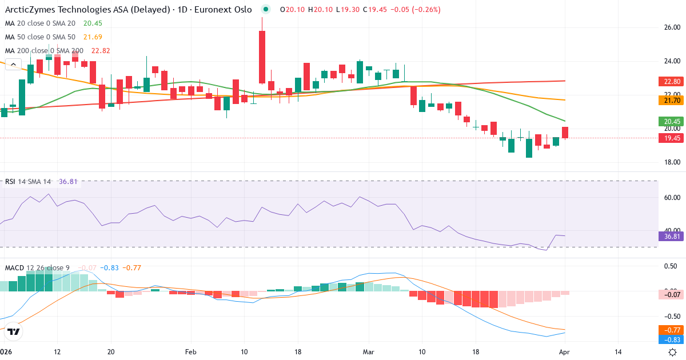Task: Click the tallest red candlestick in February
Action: coord(262,57)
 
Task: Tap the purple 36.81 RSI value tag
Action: coord(671,236)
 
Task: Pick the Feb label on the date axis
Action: coord(190,352)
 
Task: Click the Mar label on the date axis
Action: coord(368,352)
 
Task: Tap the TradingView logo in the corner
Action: coord(14,331)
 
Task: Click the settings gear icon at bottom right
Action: coord(673,352)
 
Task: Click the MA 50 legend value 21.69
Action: coord(94,37)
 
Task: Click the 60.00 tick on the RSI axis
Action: coord(671,198)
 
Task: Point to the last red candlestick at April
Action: coord(565,133)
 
